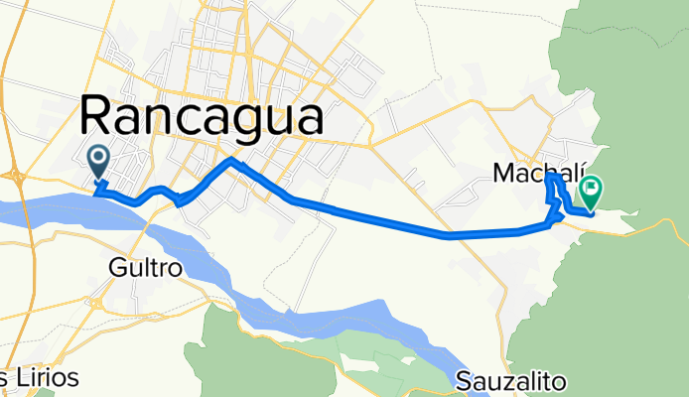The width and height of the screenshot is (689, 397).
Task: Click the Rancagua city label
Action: point(202,118)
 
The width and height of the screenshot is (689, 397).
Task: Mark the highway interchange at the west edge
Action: point(15,176)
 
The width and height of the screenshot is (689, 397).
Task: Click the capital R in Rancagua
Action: point(96,118)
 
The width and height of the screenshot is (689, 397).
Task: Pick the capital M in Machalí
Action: point(503,174)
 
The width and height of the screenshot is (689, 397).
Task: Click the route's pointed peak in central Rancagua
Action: point(231,159)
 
